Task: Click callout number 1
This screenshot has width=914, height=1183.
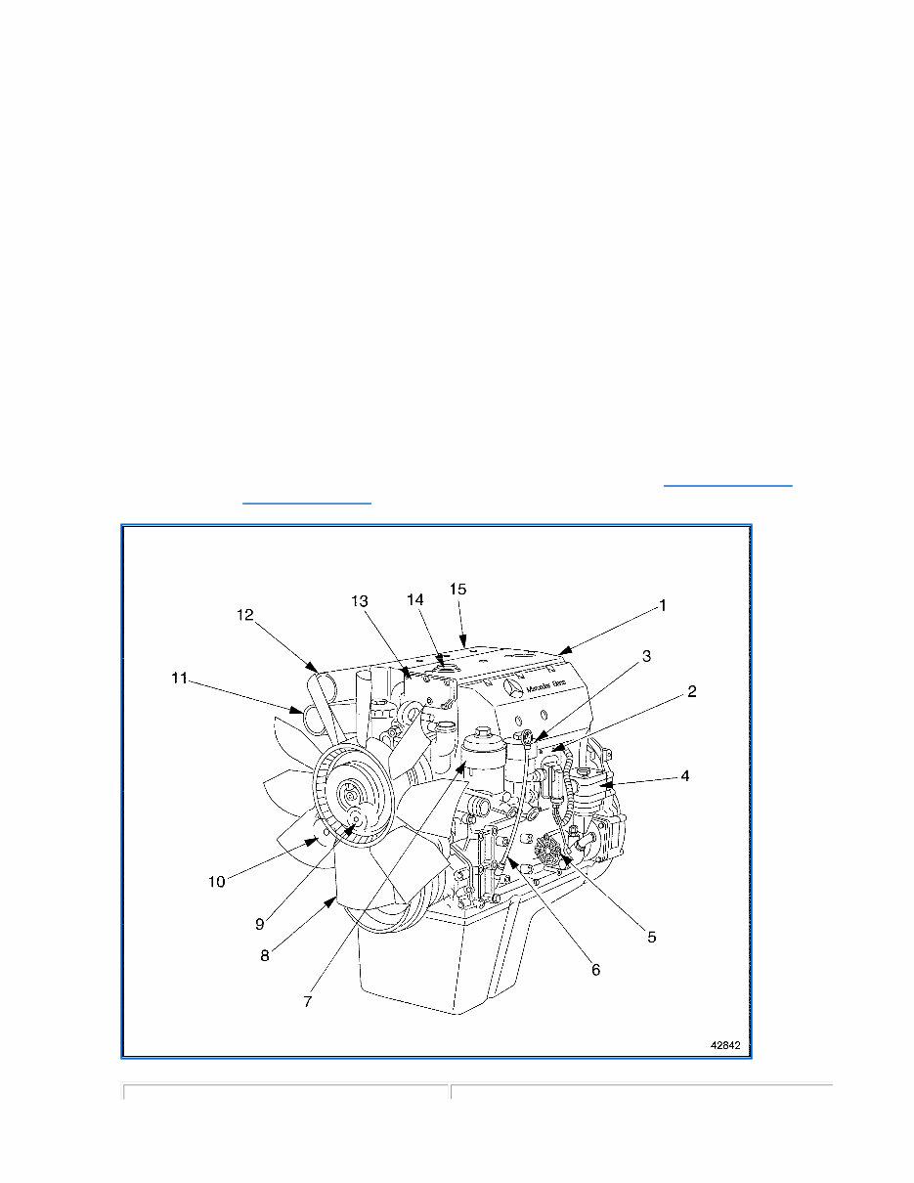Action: (x=662, y=606)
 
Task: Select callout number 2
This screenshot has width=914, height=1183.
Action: (x=691, y=691)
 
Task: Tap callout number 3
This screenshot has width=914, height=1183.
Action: (x=645, y=656)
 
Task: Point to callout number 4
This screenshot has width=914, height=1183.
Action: (x=685, y=776)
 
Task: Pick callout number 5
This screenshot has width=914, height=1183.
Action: (x=652, y=936)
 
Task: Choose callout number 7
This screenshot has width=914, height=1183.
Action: (x=307, y=1001)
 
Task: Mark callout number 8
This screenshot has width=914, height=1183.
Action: (x=265, y=955)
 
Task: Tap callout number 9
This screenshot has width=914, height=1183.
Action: (x=260, y=923)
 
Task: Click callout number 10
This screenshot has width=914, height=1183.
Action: (x=217, y=881)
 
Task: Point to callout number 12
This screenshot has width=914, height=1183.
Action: (x=245, y=615)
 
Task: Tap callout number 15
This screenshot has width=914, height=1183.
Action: (x=457, y=589)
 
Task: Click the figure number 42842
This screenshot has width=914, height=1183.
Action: (x=724, y=1045)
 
